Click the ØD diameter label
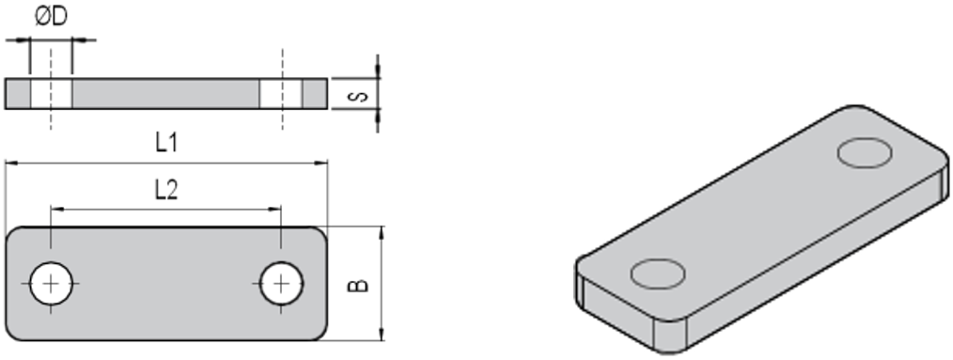(x=52, y=18)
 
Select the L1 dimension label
(x=166, y=144)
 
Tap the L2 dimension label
(x=165, y=191)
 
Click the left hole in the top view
(x=51, y=284)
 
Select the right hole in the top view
(x=281, y=284)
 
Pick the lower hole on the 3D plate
(x=657, y=274)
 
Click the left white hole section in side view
(x=51, y=94)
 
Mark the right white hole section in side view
(x=281, y=94)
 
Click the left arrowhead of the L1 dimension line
(x=10, y=163)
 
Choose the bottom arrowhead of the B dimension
(x=381, y=336)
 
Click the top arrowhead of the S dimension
(x=378, y=74)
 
